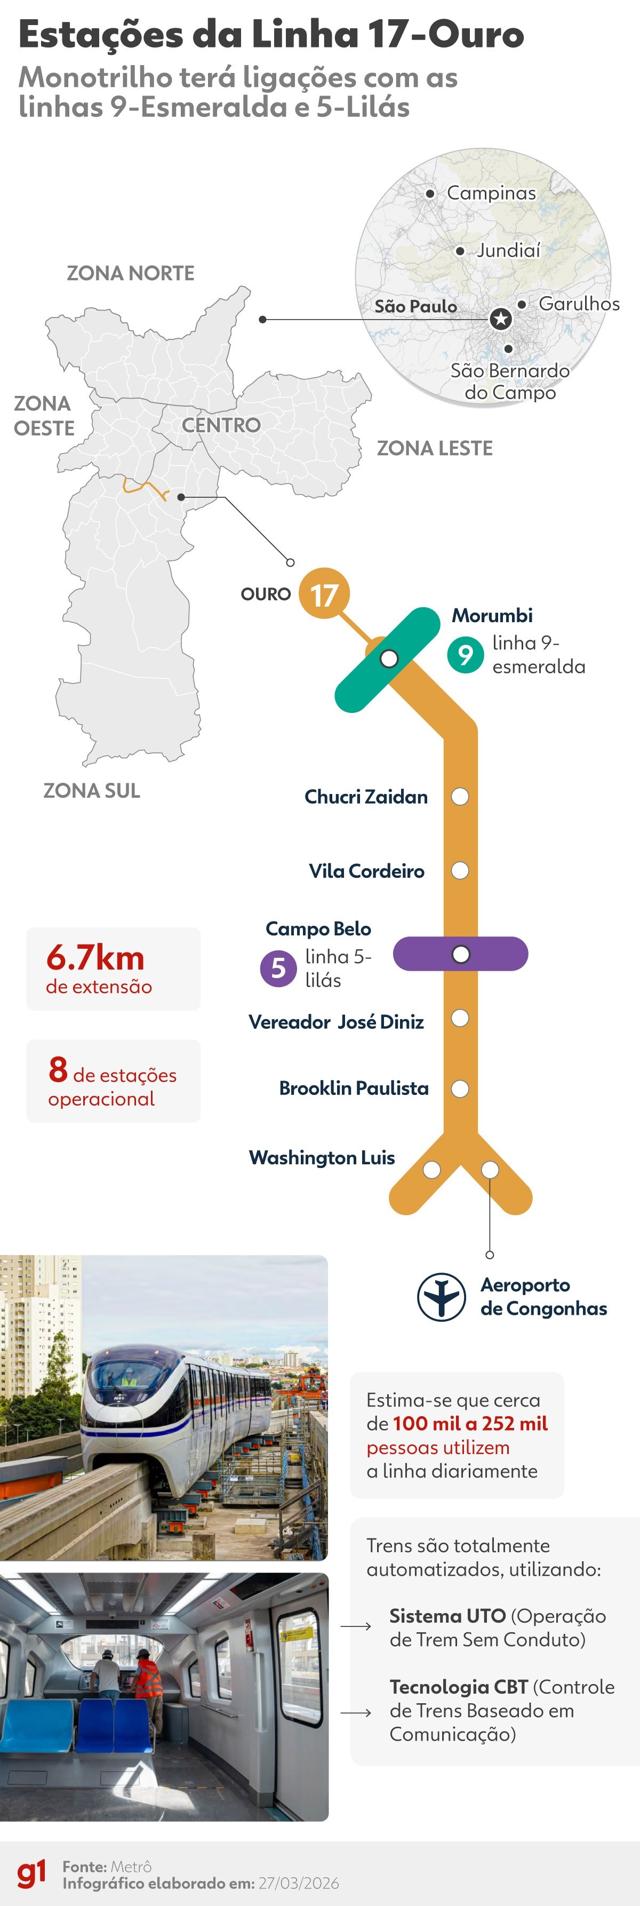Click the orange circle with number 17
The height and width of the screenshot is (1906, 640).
pyautogui.click(x=323, y=594)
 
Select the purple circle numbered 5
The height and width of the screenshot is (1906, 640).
pyautogui.click(x=278, y=967)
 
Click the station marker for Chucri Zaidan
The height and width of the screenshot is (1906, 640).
pyautogui.click(x=460, y=797)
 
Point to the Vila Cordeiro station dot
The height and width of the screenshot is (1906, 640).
pyautogui.click(x=460, y=870)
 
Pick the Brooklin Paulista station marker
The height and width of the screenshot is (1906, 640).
pyautogui.click(x=460, y=1089)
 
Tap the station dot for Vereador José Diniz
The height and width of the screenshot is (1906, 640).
pyautogui.click(x=460, y=1018)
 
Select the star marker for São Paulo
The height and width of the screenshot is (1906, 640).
pyautogui.click(x=501, y=320)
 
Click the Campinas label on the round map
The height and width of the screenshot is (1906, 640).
pyautogui.click(x=491, y=193)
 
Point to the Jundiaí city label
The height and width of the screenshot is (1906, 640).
pyautogui.click(x=508, y=250)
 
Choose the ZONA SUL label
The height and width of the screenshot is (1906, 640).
pyautogui.click(x=92, y=790)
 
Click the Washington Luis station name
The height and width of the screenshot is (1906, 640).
pyautogui.click(x=322, y=1157)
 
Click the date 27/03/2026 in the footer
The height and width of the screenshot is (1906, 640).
pyautogui.click(x=298, y=1883)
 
